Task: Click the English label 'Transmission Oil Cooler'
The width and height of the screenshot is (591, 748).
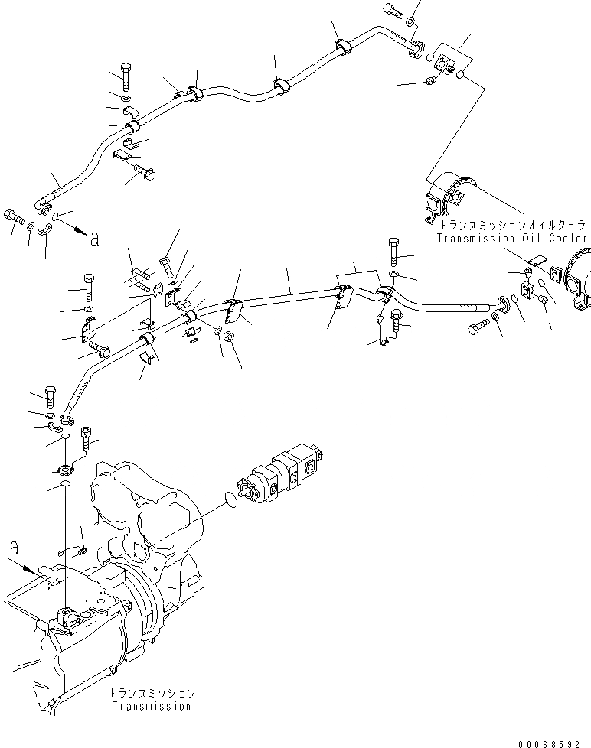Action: point(512,239)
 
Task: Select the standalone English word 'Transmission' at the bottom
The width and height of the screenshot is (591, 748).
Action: point(151,706)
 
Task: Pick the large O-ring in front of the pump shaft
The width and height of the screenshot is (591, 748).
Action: point(227,502)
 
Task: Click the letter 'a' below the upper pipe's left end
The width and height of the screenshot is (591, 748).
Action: point(95,239)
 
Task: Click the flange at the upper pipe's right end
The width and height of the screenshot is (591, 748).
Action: point(416,48)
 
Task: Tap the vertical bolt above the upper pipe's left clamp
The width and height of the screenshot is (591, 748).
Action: point(125,77)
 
